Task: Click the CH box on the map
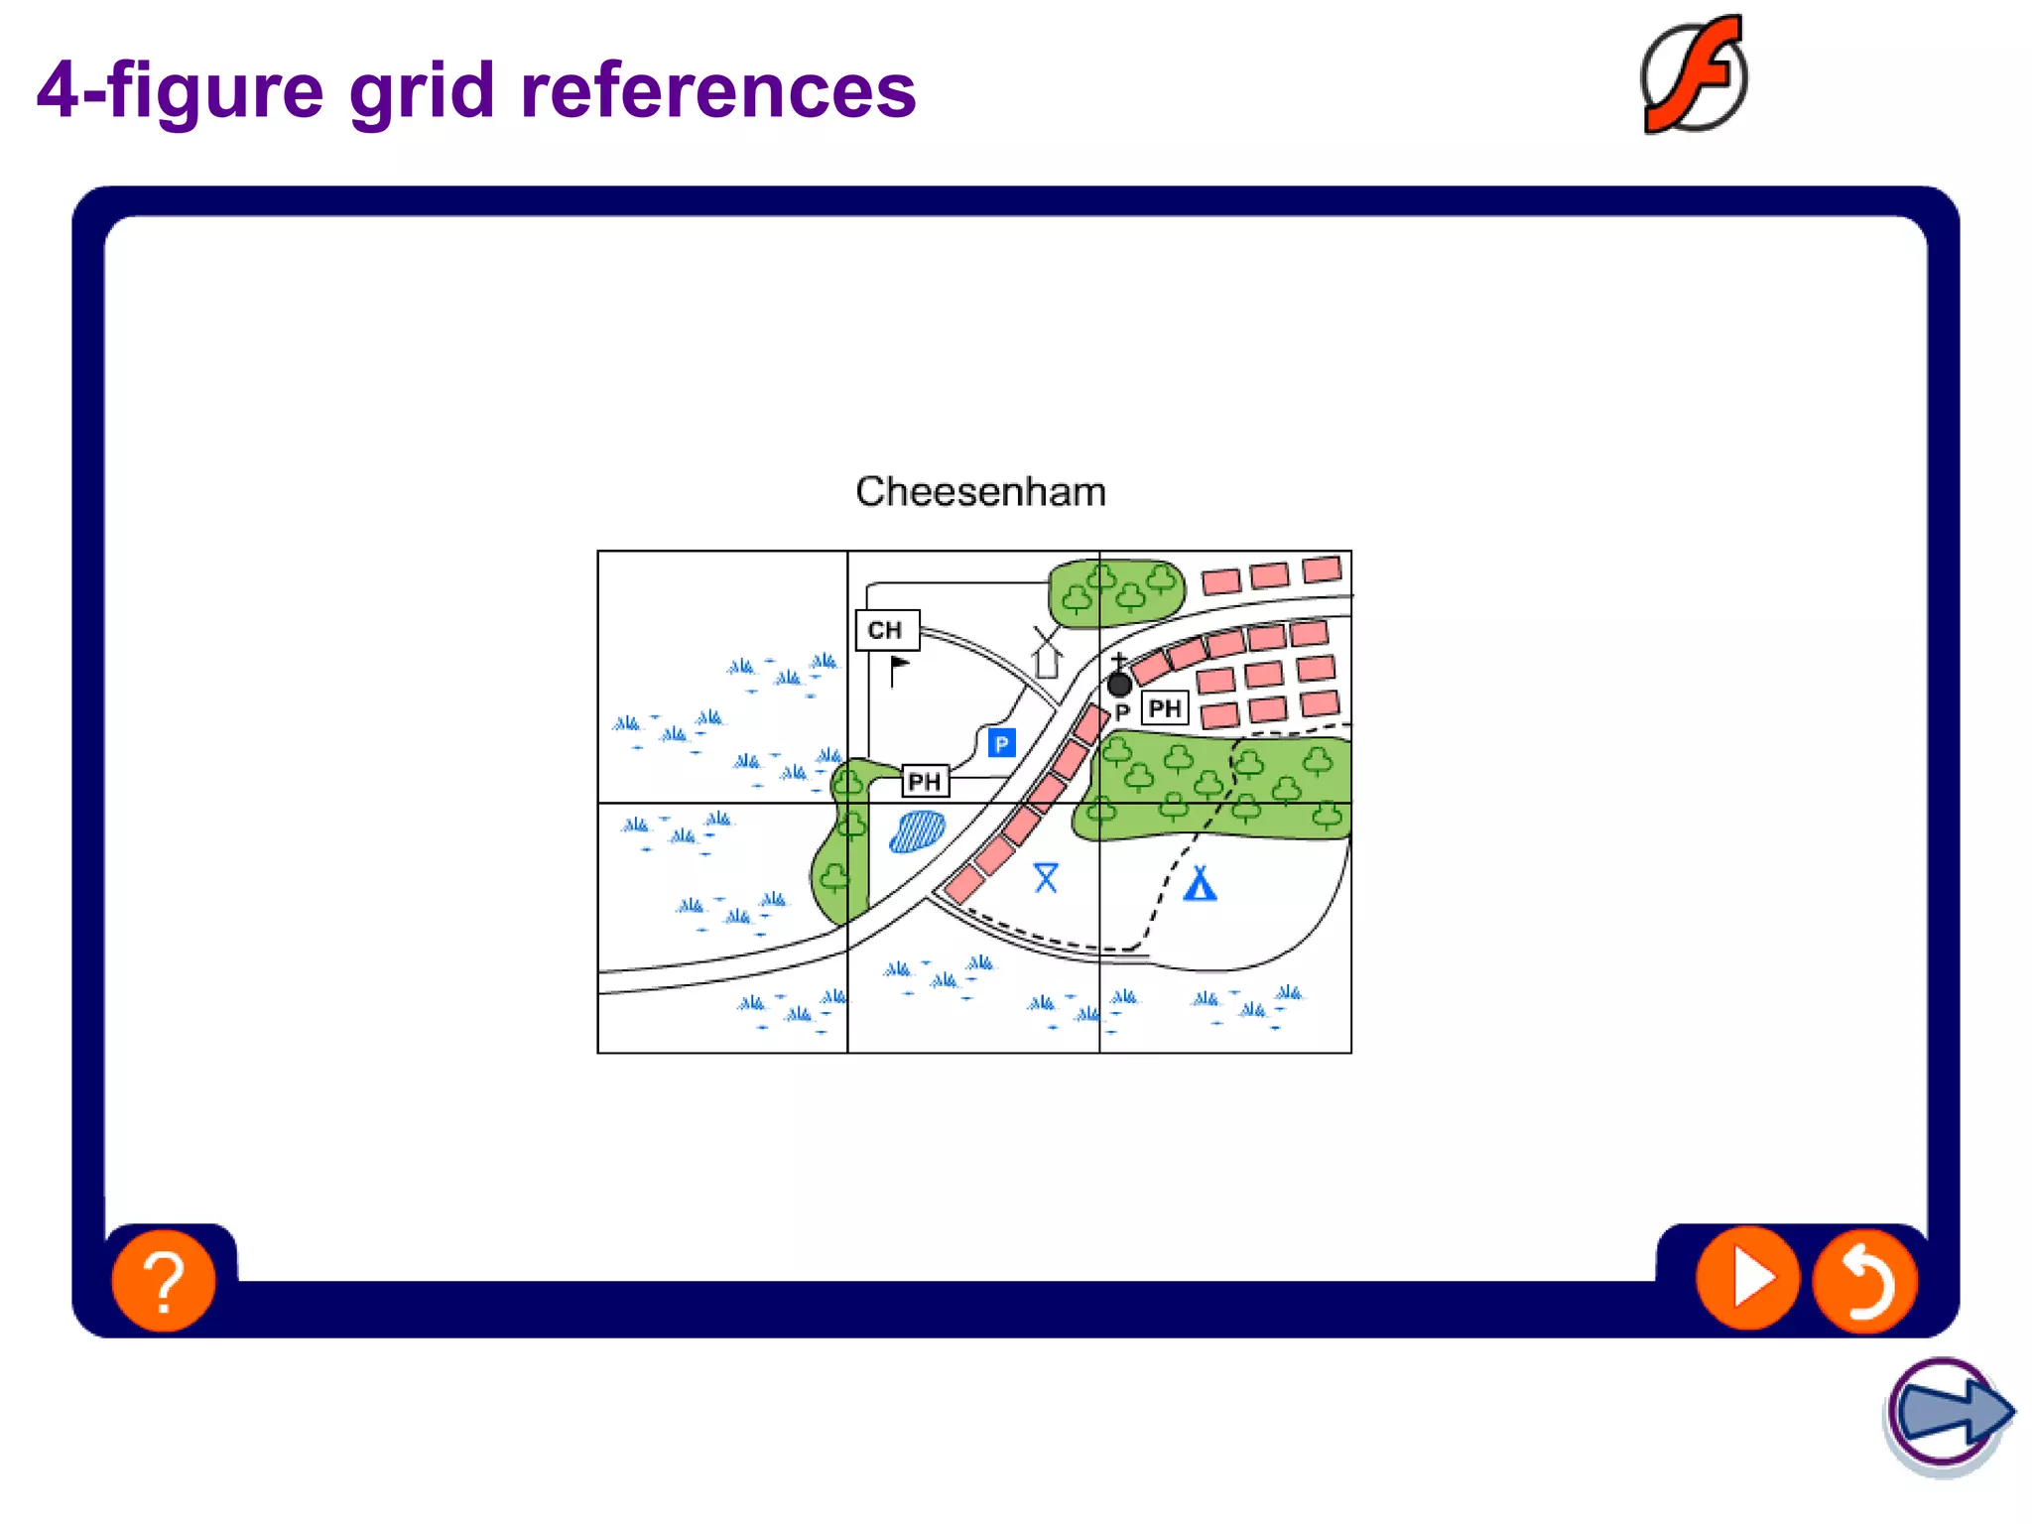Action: click(x=887, y=630)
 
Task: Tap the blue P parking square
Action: click(x=1001, y=743)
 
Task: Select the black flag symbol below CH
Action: click(x=898, y=670)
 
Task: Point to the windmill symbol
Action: click(x=1046, y=653)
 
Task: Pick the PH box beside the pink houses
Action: click(x=1165, y=708)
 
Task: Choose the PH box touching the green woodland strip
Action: click(x=925, y=782)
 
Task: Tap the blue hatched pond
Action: click(x=917, y=831)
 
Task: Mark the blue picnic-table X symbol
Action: click(x=1046, y=877)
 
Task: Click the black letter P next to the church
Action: click(x=1122, y=712)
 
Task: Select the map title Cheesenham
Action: click(x=980, y=492)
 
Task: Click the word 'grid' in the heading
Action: click(x=422, y=91)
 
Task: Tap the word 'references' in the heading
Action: click(x=717, y=91)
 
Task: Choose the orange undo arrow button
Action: click(x=1865, y=1281)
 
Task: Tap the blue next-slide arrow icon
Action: click(x=1949, y=1413)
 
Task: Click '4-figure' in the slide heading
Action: click(x=180, y=91)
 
